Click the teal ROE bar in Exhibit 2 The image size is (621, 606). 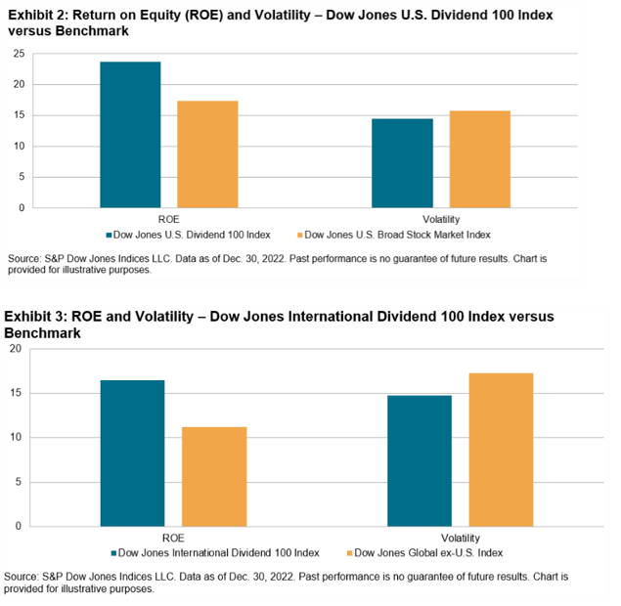click(130, 135)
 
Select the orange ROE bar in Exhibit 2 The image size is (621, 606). click(207, 154)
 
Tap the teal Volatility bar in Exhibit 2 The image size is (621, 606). click(403, 163)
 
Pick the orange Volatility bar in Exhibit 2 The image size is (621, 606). click(479, 159)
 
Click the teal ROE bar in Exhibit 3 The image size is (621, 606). click(133, 453)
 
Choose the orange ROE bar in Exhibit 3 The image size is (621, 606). click(214, 476)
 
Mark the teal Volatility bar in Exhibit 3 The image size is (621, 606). click(420, 460)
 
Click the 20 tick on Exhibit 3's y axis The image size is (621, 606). click(15, 349)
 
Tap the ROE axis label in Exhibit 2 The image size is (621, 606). click(168, 219)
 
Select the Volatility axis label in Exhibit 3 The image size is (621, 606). click(460, 537)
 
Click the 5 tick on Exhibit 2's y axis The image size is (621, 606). click(21, 177)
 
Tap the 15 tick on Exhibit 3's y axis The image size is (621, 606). click(15, 393)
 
